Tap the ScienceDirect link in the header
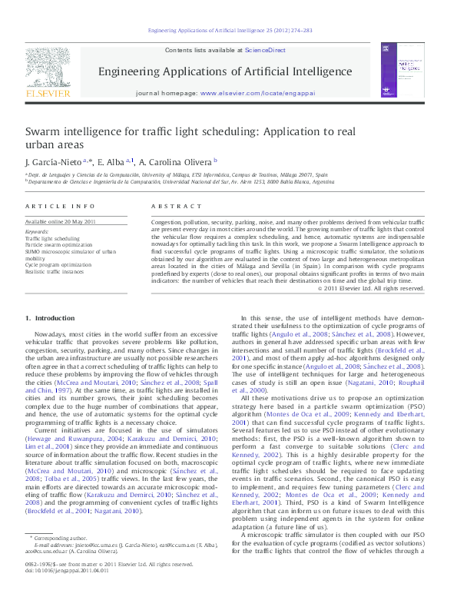pyautogui.click(x=262, y=50)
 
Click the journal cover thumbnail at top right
pyautogui.click(x=416, y=69)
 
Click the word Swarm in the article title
pyautogui.click(x=44, y=132)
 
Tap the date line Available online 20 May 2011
pyautogui.click(x=60, y=221)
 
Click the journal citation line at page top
pyautogui.click(x=228, y=31)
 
